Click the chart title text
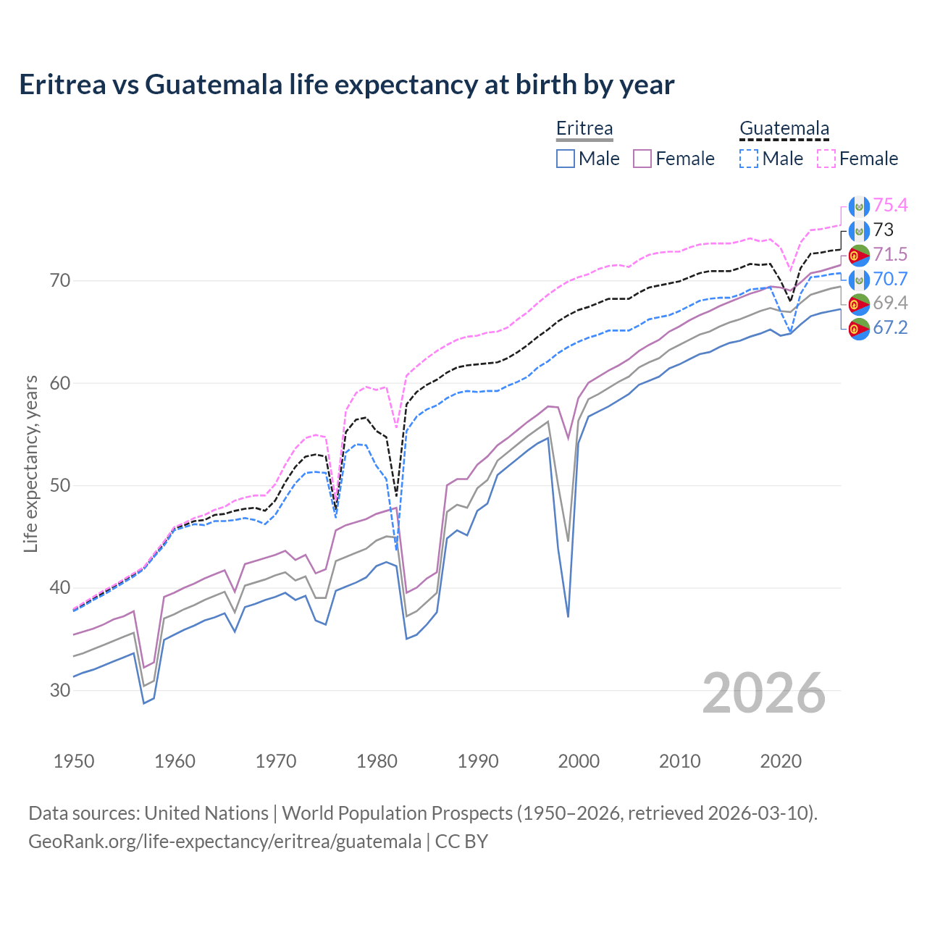tap(346, 85)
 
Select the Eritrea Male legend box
tap(566, 159)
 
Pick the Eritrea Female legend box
tap(642, 159)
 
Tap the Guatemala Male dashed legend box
tap(749, 159)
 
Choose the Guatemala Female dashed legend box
tap(826, 159)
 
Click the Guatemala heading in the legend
tap(784, 129)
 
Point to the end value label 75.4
tap(890, 206)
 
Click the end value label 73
tap(884, 230)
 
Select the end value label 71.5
tap(890, 254)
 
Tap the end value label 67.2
tap(890, 328)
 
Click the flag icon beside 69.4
tap(859, 303)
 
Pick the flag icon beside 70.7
tap(859, 280)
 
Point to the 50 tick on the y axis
tap(60, 485)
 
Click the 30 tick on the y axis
tap(60, 690)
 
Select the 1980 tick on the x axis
tap(377, 761)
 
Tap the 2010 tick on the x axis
tap(679, 761)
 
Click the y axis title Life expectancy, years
tap(31, 463)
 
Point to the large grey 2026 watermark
tap(764, 694)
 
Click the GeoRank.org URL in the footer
tap(225, 842)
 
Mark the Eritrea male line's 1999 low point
tap(568, 616)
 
